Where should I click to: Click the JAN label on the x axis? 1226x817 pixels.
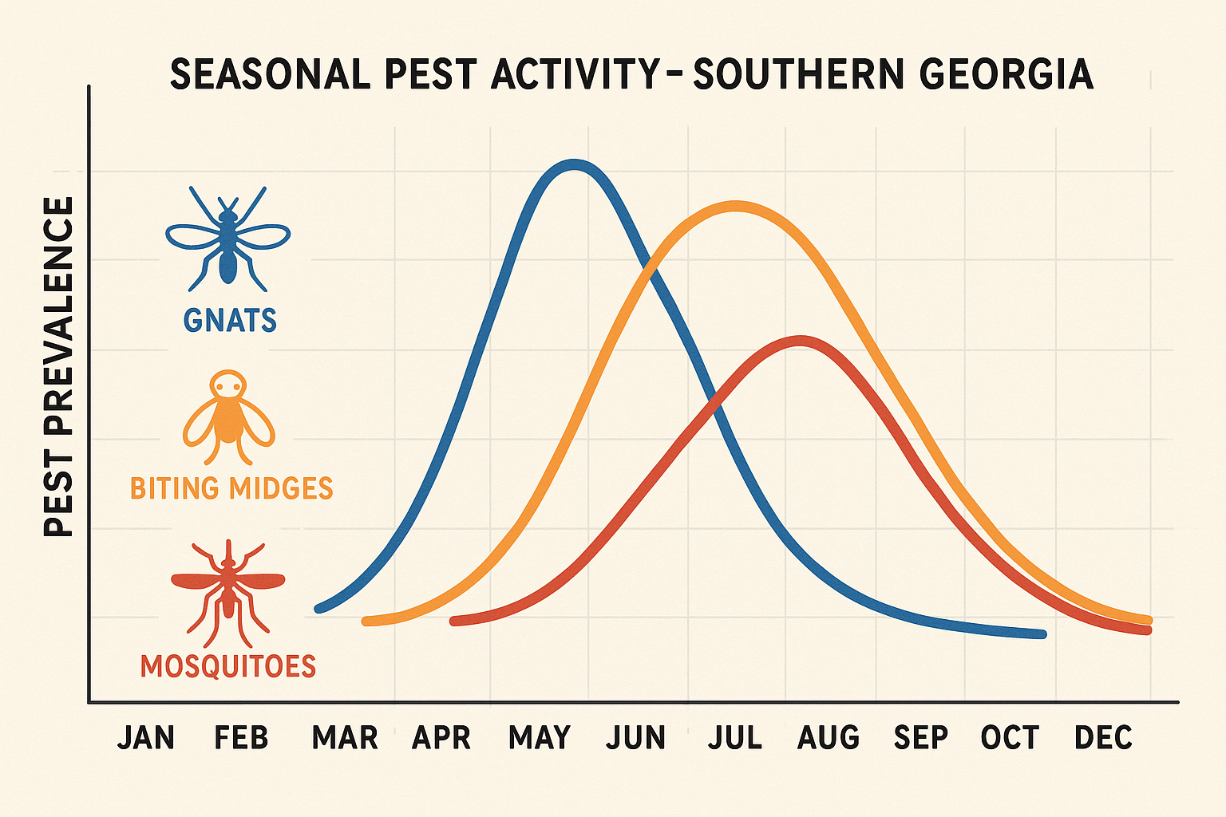pos(146,738)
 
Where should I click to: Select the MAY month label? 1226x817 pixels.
pos(540,738)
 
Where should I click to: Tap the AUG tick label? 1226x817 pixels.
pos(829,738)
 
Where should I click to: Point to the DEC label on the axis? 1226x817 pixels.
pos(1103,738)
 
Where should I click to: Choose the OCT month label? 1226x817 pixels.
pos(1010,738)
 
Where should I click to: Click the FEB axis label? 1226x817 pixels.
pos(241,738)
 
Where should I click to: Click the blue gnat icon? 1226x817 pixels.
pos(228,237)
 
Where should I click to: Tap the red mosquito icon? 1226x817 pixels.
pos(228,590)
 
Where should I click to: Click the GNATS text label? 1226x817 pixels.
pos(230,321)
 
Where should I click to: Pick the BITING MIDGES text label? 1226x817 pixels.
pos(231,487)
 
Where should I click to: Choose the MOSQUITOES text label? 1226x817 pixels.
pos(228,666)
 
